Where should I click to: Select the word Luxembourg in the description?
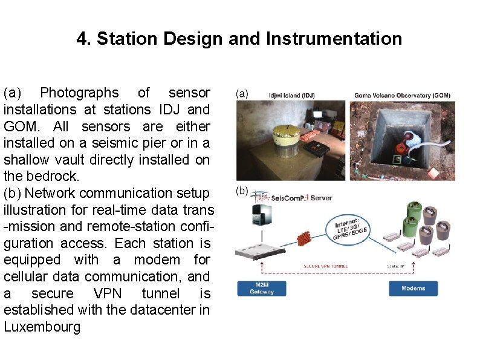[x=42, y=327]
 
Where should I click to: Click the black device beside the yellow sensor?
[x=316, y=147]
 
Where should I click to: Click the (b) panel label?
[x=242, y=191]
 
